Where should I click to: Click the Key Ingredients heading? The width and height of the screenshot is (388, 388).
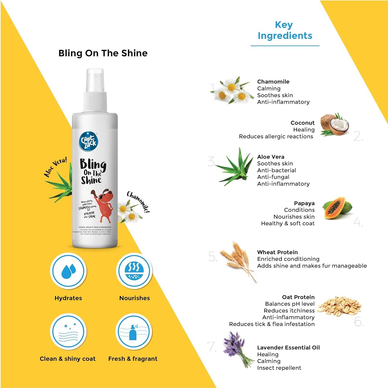tap(285, 30)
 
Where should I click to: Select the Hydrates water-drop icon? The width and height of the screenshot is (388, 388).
tap(68, 271)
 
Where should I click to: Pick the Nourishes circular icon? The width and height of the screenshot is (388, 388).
tap(134, 271)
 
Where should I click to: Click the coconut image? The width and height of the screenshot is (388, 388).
tap(334, 125)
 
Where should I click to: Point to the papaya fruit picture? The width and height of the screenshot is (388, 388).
tap(337, 208)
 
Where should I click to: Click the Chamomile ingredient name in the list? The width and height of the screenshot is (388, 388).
tap(273, 81)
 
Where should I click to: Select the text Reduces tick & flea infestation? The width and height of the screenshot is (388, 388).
tap(272, 324)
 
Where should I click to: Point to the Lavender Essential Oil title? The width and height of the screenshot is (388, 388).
tap(288, 347)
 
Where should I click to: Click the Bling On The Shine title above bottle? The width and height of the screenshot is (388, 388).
tap(103, 53)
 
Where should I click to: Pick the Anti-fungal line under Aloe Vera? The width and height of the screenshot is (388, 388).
tap(273, 177)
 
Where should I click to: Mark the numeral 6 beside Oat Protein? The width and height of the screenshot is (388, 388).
tap(358, 322)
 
